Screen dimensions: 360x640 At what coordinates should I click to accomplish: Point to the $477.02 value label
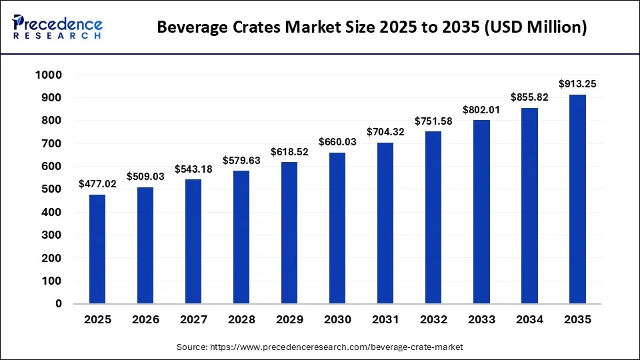(97, 184)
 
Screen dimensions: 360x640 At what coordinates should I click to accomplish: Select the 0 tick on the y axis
(59, 304)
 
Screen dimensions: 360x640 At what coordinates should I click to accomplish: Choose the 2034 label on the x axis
(529, 320)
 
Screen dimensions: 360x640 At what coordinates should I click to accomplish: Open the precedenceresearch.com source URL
(336, 347)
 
